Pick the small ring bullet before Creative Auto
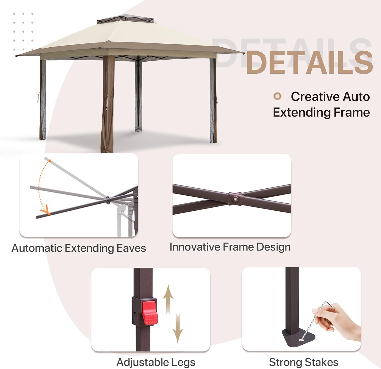(x=277, y=96)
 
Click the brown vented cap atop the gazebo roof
(x=126, y=19)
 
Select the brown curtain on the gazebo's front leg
(x=108, y=104)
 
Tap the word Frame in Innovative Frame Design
(x=239, y=247)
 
